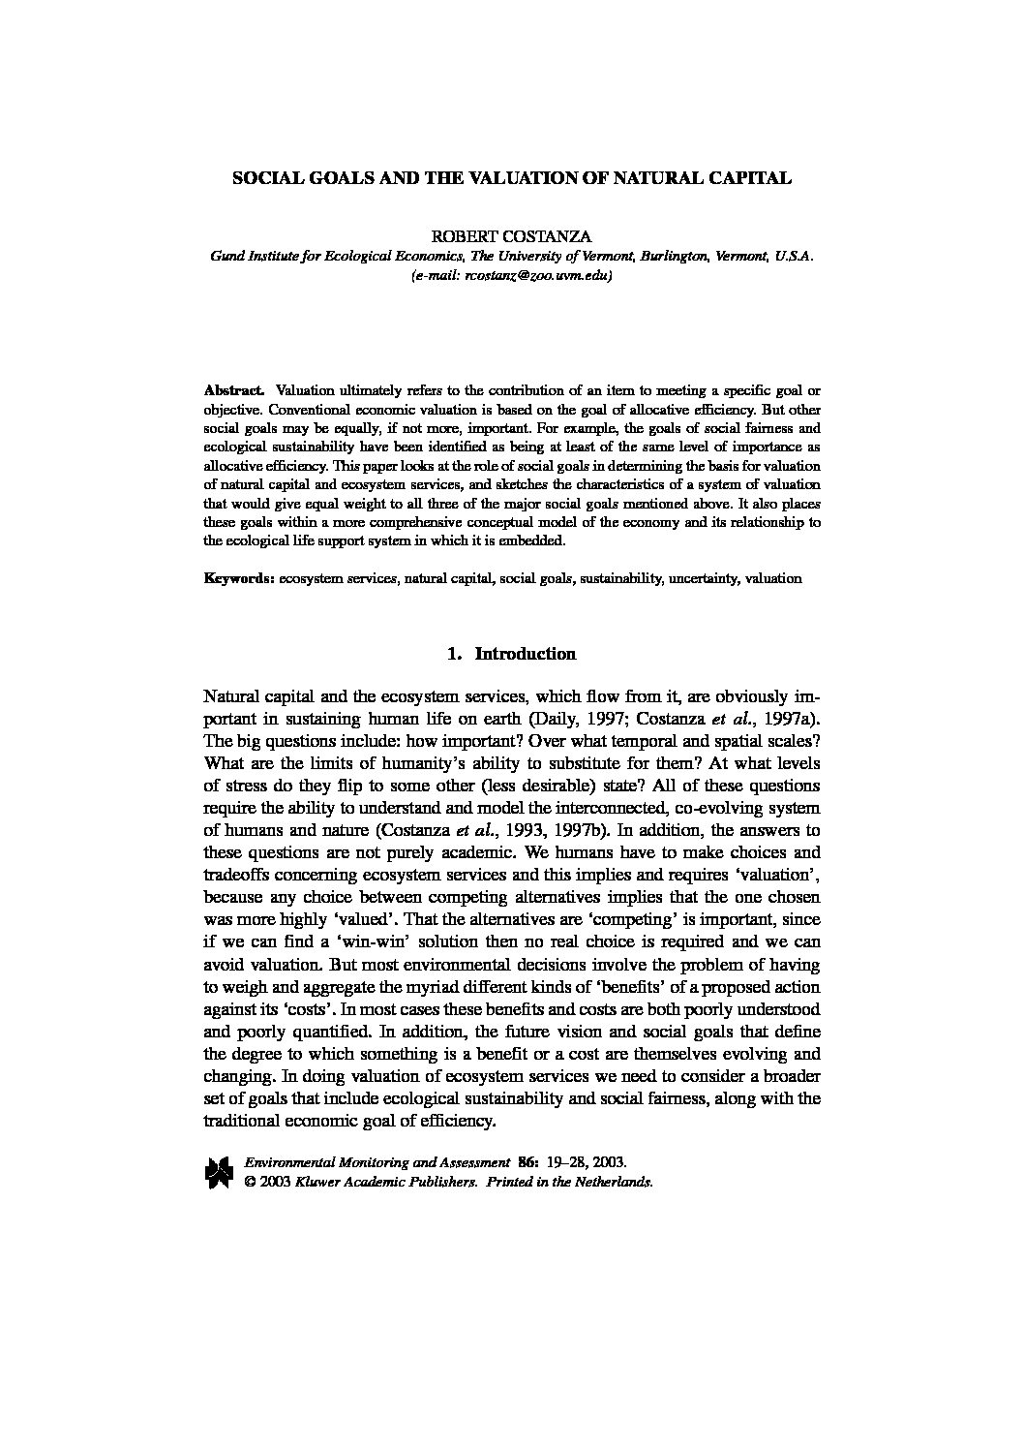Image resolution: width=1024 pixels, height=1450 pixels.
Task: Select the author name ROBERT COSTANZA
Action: pos(512,236)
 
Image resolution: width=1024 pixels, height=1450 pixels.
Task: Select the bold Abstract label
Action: pos(233,390)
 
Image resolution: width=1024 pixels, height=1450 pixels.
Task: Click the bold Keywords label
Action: pos(239,578)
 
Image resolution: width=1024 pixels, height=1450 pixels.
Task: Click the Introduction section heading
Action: pos(525,654)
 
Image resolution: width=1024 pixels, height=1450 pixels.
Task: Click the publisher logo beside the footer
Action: pos(219,1171)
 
